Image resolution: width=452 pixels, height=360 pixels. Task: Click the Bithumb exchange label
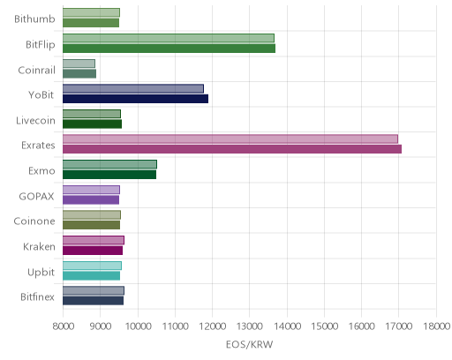click(x=34, y=19)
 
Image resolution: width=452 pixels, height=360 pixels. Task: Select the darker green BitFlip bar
click(x=169, y=49)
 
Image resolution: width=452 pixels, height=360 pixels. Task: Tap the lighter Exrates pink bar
click(x=230, y=139)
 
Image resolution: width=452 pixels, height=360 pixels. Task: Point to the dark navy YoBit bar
click(x=135, y=99)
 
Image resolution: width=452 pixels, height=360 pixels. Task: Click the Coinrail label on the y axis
click(x=36, y=70)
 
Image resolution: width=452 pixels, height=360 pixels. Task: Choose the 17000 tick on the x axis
click(x=399, y=326)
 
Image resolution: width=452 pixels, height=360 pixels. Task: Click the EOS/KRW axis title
click(x=249, y=344)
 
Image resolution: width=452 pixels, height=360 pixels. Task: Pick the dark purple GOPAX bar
click(x=91, y=199)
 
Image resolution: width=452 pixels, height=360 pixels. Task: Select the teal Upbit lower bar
click(x=91, y=275)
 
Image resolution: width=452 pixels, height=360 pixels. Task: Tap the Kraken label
click(x=39, y=246)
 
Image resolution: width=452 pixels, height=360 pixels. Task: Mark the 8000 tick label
click(x=64, y=326)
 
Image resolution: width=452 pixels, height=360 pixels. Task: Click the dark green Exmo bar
click(x=109, y=175)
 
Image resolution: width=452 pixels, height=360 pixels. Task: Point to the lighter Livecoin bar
click(x=92, y=114)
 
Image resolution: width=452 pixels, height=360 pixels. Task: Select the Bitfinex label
click(x=37, y=296)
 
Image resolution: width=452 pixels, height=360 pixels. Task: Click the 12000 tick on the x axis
click(x=213, y=326)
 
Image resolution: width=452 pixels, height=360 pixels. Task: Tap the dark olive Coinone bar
click(x=91, y=225)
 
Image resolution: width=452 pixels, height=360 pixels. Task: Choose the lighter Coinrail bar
click(x=79, y=64)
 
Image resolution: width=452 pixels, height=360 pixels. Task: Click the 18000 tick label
click(x=437, y=326)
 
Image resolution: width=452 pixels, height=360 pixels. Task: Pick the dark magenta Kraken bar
click(x=93, y=251)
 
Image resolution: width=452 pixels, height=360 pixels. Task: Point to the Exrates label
click(x=38, y=146)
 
